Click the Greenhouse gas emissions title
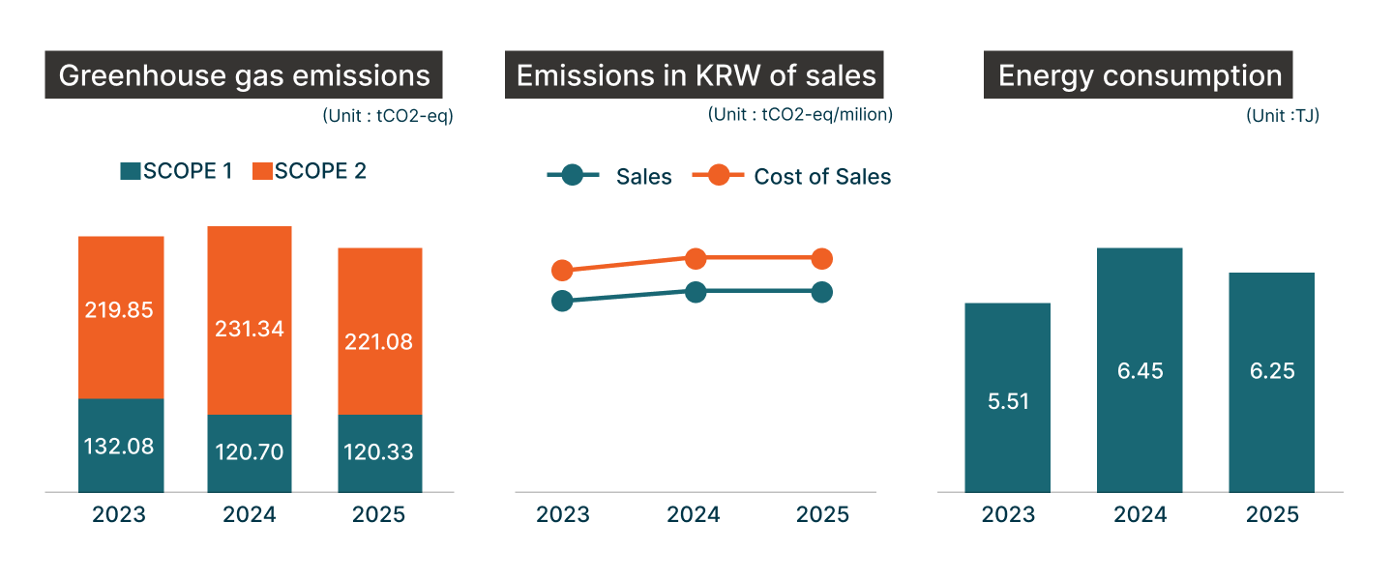point(244,75)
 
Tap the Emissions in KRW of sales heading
point(696,75)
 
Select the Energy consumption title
point(1139,75)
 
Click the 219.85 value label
point(121,310)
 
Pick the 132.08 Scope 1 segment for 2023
point(121,446)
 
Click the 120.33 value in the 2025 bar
point(380,452)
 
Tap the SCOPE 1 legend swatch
point(130,172)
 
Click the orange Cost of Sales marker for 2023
point(562,271)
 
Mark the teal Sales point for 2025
point(821,292)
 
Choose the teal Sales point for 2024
point(696,292)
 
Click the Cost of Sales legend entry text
point(822,177)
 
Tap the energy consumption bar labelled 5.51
point(1007,397)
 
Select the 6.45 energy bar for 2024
point(1139,370)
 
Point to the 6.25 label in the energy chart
point(1271,371)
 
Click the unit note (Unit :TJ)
point(1283,116)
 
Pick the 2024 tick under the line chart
point(694,514)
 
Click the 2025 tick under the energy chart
point(1272,514)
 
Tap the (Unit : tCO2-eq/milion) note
point(800,114)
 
